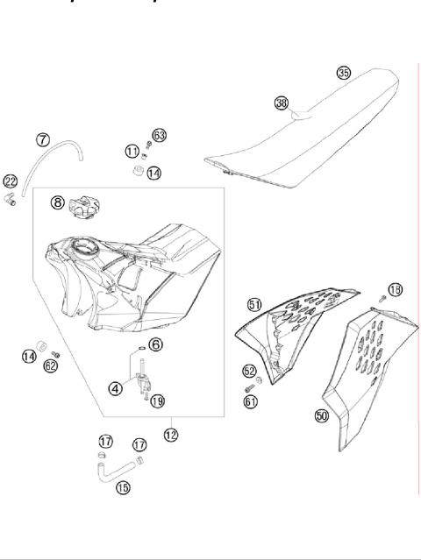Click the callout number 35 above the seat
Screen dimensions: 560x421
343,73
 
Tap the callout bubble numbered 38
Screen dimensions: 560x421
281,103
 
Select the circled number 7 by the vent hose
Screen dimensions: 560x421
42,139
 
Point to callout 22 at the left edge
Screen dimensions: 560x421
10,181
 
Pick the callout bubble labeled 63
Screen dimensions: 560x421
159,135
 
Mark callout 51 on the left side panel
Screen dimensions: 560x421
254,304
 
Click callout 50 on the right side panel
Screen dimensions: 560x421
322,416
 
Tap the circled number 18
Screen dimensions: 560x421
395,289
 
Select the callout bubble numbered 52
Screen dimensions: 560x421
249,371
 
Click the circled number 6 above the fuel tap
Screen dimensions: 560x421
154,345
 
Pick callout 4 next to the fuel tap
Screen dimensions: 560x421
115,387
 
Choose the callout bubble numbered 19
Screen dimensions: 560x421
157,401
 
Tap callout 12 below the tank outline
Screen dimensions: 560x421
170,434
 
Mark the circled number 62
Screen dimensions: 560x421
50,365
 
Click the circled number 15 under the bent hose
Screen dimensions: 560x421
123,486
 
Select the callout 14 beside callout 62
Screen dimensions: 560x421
30,355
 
